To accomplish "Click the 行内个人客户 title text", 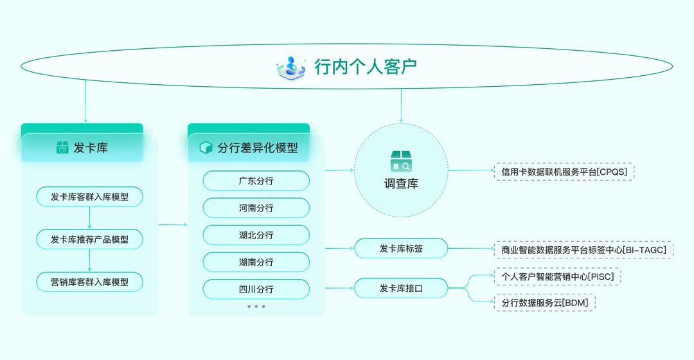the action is pyautogui.click(x=366, y=66).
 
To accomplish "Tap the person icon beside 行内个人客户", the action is pyautogui.click(x=291, y=66).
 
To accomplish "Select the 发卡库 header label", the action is pyautogui.click(x=91, y=148).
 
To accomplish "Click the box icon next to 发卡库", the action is pyautogui.click(x=62, y=148).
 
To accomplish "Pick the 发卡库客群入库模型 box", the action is pyautogui.click(x=89, y=197).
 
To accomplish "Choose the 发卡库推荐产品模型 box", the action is pyautogui.click(x=89, y=239).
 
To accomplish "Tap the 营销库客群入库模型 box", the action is pyautogui.click(x=89, y=282).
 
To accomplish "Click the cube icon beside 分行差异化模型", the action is pyautogui.click(x=206, y=148).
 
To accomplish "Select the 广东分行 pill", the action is pyautogui.click(x=256, y=181).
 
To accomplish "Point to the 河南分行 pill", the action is pyautogui.click(x=256, y=208).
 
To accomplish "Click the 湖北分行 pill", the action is pyautogui.click(x=256, y=235).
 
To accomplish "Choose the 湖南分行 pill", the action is pyautogui.click(x=256, y=262).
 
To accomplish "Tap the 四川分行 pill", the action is pyautogui.click(x=256, y=289).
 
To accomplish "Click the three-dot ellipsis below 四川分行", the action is pyautogui.click(x=256, y=307).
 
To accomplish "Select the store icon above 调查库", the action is pyautogui.click(x=401, y=161).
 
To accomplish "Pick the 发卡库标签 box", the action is pyautogui.click(x=401, y=248).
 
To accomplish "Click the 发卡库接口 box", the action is pyautogui.click(x=401, y=289).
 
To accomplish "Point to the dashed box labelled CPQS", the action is pyautogui.click(x=564, y=171).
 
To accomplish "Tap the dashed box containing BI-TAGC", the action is pyautogui.click(x=583, y=249).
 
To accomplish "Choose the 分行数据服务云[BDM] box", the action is pyautogui.click(x=545, y=302).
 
